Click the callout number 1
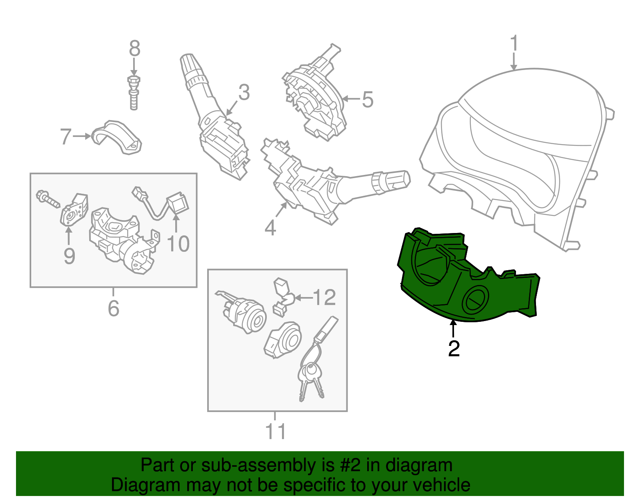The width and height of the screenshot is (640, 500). point(514,43)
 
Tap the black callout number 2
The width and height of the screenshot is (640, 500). point(454,349)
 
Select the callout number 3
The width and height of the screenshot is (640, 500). point(244,92)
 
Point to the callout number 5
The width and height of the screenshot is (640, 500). point(367,99)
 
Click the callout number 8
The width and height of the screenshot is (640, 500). point(134,48)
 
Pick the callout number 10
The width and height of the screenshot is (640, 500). point(178,244)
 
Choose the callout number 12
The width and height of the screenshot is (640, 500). point(324,297)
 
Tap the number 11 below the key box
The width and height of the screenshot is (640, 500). point(275,432)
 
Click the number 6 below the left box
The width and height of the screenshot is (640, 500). point(114,308)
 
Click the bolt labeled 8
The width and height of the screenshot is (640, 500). point(134,93)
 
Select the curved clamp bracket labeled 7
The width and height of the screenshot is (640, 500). point(117,137)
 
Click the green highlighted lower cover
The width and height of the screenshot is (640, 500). point(468,275)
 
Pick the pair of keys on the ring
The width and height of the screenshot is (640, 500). point(311,380)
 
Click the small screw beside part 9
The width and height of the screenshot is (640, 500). point(48,199)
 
